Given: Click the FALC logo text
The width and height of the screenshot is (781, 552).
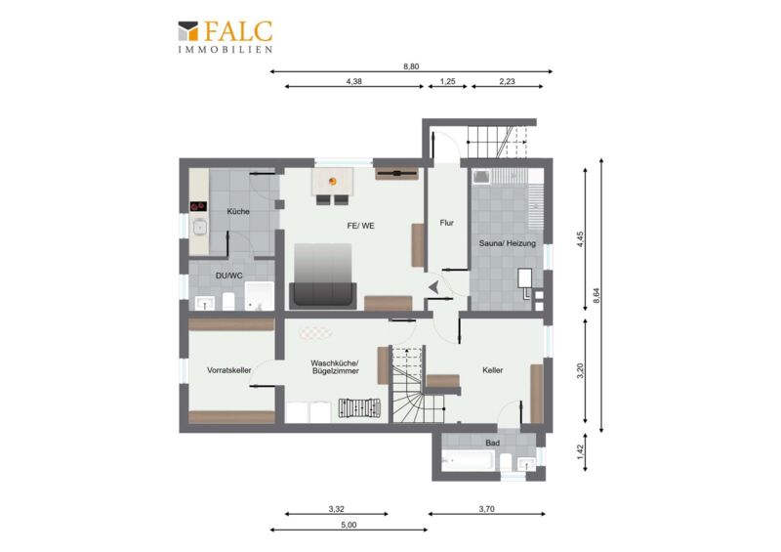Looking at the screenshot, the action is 238,31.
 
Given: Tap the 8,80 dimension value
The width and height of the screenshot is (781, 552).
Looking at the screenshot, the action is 411,66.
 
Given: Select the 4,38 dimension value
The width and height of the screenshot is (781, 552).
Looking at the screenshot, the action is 354,81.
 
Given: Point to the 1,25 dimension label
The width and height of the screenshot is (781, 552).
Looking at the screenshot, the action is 448,81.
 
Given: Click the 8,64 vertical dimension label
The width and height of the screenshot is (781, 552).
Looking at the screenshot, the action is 596,295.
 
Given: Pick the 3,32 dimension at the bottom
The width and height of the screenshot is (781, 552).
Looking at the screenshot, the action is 336,509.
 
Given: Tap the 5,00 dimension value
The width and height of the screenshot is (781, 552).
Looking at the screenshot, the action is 349,525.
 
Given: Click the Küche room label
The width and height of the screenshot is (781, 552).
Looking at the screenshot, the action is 238,211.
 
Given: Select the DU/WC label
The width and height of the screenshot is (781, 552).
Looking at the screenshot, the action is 229,276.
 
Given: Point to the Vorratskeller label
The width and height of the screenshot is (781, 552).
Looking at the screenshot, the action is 229,370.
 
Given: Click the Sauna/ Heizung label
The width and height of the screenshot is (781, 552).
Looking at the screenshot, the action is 507,243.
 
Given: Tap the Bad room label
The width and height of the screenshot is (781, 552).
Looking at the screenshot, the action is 493,443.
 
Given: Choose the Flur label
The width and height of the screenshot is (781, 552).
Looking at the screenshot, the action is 447,223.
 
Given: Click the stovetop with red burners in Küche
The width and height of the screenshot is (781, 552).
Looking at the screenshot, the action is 198,205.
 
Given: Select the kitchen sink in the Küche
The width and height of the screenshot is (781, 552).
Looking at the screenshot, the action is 200,228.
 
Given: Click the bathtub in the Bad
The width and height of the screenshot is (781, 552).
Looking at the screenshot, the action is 469,460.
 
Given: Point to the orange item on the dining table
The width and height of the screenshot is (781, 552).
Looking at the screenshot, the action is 333,181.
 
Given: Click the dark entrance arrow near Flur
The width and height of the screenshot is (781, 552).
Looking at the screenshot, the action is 433,286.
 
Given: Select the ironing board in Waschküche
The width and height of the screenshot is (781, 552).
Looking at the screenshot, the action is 359,407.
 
